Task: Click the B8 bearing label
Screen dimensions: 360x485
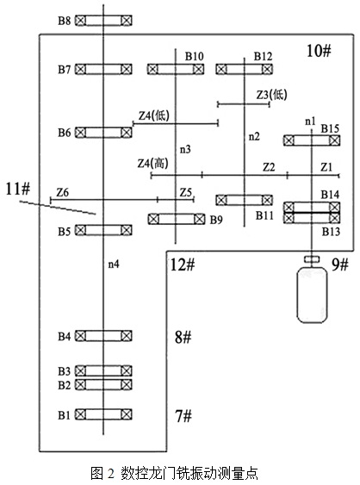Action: click(x=65, y=21)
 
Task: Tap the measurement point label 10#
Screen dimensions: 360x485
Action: click(x=319, y=51)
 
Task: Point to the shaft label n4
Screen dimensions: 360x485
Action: click(x=114, y=264)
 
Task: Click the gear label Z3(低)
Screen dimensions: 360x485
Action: click(x=272, y=95)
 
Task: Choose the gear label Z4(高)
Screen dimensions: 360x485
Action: click(x=153, y=163)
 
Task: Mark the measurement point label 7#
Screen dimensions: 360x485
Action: click(x=183, y=415)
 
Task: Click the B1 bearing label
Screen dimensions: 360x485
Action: click(x=65, y=415)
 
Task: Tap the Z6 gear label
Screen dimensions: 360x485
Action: click(x=62, y=192)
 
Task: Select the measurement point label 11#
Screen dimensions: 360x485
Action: click(x=18, y=189)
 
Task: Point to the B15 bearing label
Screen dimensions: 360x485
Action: click(x=330, y=128)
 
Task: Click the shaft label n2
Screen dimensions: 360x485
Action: click(x=254, y=136)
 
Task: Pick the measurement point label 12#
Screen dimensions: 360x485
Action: click(x=183, y=264)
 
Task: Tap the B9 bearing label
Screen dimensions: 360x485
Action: click(x=216, y=220)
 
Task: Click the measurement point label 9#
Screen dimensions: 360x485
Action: click(x=340, y=264)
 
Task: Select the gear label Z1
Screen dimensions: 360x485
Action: click(x=326, y=167)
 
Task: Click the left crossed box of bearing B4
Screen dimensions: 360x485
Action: click(x=80, y=336)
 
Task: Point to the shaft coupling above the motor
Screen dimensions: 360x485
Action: click(x=312, y=259)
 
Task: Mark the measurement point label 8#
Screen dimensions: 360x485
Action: click(x=183, y=337)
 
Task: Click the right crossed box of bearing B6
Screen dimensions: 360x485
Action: click(x=127, y=133)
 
